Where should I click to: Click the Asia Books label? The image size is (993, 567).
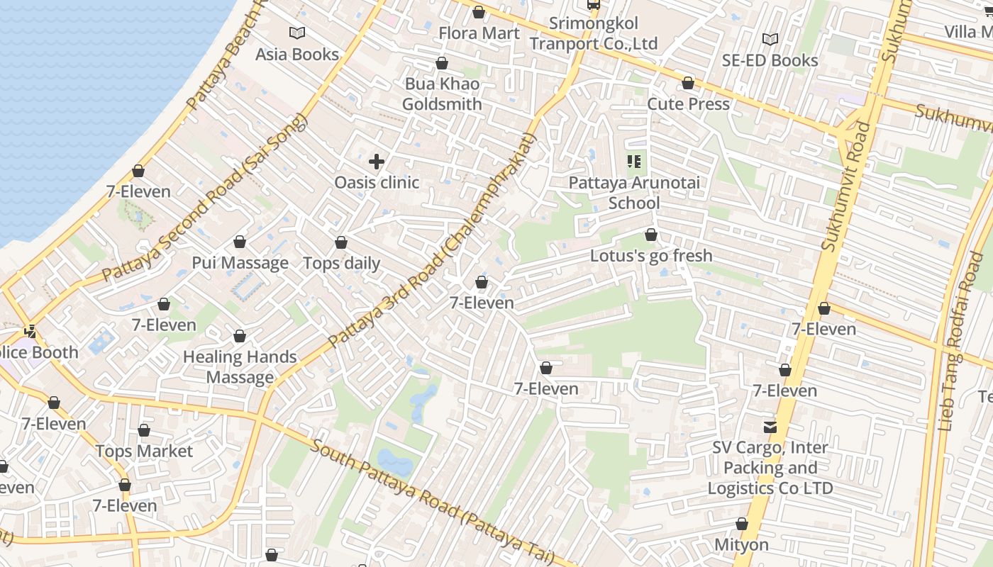tap(297, 55)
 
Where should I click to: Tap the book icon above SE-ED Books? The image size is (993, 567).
tap(770, 39)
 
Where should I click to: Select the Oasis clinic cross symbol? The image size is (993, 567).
tap(377, 162)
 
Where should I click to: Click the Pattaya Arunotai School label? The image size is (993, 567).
tap(634, 193)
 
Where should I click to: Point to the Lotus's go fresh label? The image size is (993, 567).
tap(651, 256)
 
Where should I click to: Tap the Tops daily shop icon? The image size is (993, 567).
tap(341, 243)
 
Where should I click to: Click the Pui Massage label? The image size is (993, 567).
tap(240, 263)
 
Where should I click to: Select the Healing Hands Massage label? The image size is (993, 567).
tap(240, 367)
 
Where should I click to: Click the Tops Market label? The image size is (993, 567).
tap(144, 451)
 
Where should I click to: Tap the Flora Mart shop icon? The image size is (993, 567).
tap(479, 13)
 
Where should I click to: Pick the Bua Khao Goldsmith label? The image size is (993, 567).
tap(442, 94)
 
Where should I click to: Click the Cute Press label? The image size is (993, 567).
tap(688, 104)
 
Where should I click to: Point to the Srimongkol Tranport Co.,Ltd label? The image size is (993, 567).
tap(594, 33)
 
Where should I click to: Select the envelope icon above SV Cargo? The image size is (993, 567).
tap(770, 427)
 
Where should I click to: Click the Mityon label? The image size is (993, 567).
tap(741, 545)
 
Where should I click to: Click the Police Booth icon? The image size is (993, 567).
tap(30, 331)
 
